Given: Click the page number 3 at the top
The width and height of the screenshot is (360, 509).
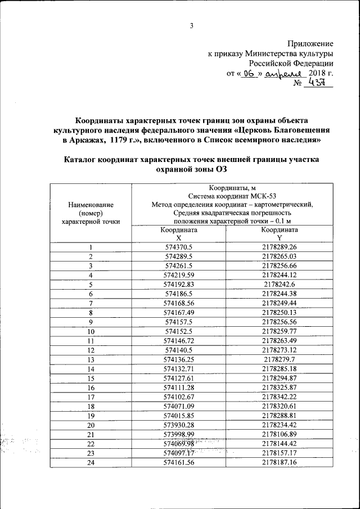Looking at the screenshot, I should click(x=191, y=25).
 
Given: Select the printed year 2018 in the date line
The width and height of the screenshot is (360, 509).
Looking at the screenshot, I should click(x=317, y=74).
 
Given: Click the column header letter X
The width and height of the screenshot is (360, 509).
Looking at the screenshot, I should click(x=178, y=238).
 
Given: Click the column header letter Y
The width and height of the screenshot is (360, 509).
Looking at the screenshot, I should click(x=279, y=238).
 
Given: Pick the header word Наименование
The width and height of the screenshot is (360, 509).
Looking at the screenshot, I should click(x=91, y=205).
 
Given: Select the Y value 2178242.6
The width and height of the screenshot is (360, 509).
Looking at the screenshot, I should click(x=280, y=284).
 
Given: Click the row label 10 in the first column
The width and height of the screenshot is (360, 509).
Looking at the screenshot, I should click(x=91, y=330).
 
